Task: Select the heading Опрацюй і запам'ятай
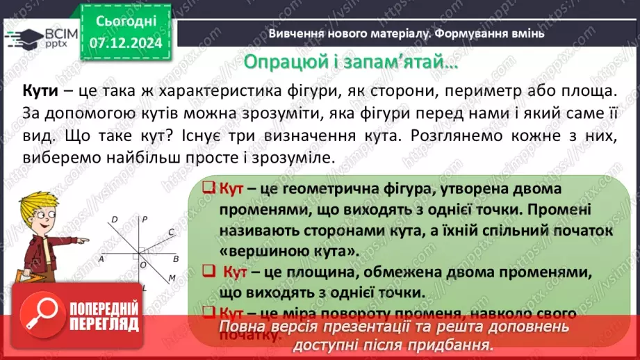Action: (x=351, y=62)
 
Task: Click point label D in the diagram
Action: (x=114, y=220)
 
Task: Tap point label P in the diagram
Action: (x=144, y=220)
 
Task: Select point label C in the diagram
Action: (x=170, y=233)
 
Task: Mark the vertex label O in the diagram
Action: (x=143, y=265)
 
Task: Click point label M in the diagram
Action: (x=171, y=279)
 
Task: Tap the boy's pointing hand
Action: (x=81, y=240)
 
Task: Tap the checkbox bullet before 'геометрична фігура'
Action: (x=207, y=189)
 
